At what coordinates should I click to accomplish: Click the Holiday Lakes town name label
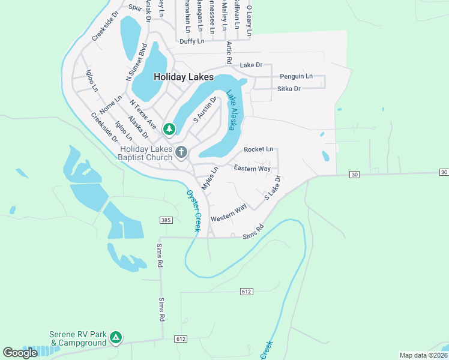pos(184,77)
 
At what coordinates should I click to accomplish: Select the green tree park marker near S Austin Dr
pos(169,128)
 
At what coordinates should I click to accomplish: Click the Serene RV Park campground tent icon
pos(116,339)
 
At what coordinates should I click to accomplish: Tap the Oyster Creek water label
pos(193,211)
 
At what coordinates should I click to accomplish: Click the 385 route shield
pos(166,221)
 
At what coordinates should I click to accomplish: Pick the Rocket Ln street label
pos(259,149)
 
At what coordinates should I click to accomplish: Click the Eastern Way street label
pos(252,169)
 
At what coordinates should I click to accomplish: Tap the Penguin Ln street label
pos(297,77)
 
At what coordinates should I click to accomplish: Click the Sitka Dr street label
pos(289,89)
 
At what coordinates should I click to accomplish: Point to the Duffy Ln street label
pos(192,41)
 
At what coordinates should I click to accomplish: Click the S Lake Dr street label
pos(273,188)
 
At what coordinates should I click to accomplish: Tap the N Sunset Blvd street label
pos(136,62)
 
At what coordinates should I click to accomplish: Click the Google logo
pos(20,353)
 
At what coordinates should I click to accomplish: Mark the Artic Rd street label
pos(229,53)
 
